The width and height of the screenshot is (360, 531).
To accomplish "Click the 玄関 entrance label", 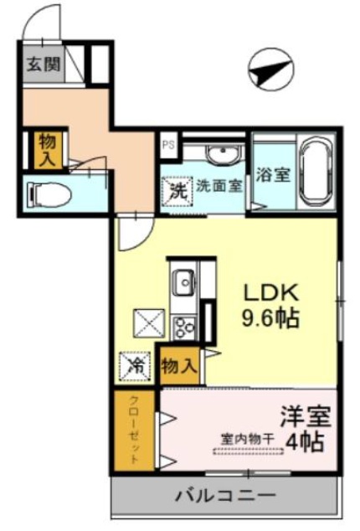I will [41, 64].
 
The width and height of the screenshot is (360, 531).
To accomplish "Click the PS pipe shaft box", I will [167, 143].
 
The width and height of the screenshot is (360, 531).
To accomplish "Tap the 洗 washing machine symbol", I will [177, 190].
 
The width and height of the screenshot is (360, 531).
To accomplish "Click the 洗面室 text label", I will [219, 186].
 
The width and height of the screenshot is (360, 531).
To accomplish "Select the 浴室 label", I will [273, 175].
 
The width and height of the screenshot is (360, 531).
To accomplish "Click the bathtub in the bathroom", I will [317, 173].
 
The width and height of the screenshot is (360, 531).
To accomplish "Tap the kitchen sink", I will [183, 283].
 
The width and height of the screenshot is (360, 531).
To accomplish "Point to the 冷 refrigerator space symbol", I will [135, 366].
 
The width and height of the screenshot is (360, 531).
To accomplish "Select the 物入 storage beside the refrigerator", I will [178, 365].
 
